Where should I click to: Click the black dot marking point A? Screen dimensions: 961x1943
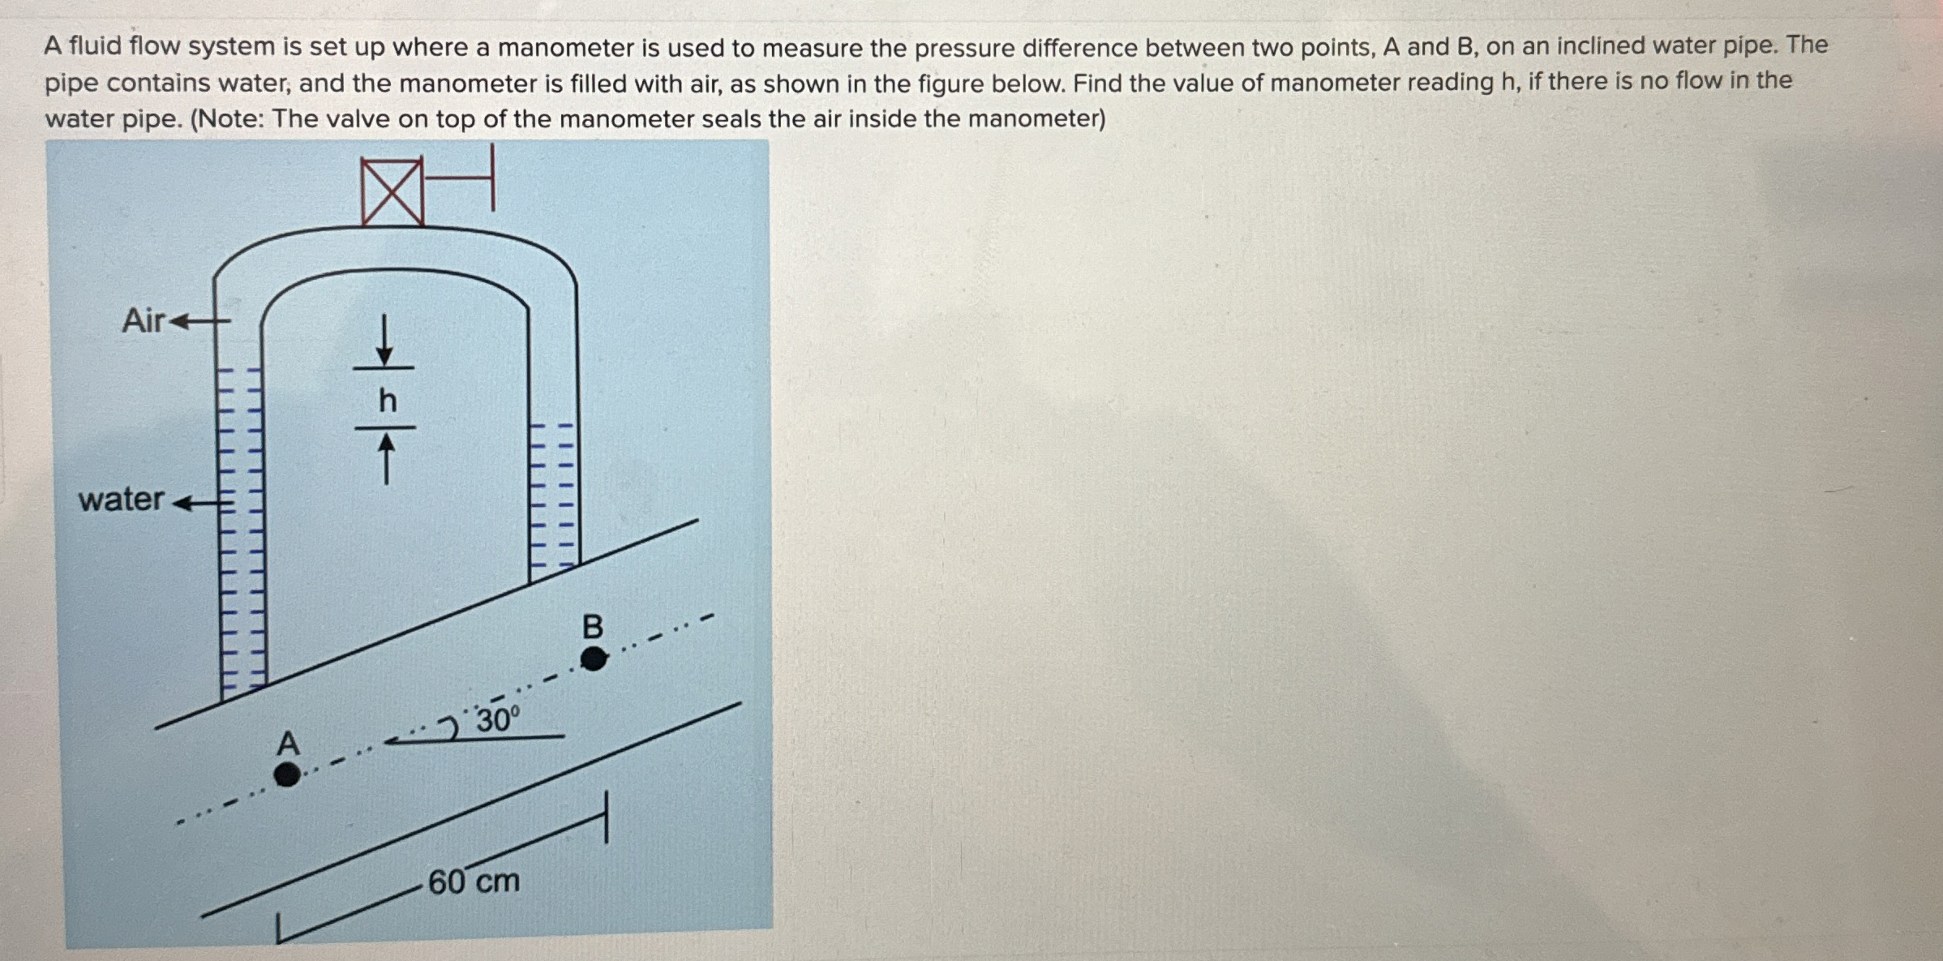click(286, 774)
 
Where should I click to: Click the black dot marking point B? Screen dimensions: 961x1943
click(594, 658)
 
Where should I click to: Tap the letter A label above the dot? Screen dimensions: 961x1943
click(288, 743)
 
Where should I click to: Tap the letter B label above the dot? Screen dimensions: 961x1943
click(593, 627)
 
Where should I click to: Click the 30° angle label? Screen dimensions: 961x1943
click(497, 719)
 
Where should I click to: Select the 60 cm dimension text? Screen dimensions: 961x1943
click(474, 882)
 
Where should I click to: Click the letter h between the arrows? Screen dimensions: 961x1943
click(388, 400)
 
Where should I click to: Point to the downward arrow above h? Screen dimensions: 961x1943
click(385, 341)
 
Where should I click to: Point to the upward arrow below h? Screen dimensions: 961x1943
click(387, 458)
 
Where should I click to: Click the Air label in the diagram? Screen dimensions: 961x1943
click(143, 321)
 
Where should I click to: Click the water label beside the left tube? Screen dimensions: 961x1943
click(122, 499)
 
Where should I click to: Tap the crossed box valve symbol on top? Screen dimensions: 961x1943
click(392, 191)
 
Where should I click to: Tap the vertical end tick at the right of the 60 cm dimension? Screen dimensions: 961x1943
click(606, 817)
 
